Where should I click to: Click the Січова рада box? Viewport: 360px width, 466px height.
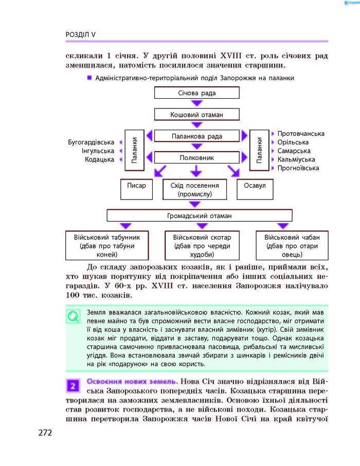coord(196,93)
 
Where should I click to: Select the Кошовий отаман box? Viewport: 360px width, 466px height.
coord(196,114)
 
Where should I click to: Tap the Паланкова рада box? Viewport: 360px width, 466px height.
coord(196,136)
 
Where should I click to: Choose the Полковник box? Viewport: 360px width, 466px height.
coord(196,158)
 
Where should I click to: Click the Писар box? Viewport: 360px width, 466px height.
coord(136,189)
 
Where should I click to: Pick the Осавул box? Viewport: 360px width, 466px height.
coord(255,189)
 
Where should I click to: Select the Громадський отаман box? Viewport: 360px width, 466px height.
coord(199,216)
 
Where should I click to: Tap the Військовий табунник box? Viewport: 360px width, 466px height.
coord(107,245)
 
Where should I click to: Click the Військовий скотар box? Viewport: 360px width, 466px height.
coord(202,245)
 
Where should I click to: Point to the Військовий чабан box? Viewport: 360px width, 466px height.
coord(292,245)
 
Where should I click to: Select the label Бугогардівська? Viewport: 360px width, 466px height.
coord(91,142)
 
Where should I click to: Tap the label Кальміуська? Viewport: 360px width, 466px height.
coord(296,159)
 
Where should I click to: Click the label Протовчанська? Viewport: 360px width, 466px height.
coord(301,134)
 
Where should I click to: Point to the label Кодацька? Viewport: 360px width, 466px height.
coord(100,160)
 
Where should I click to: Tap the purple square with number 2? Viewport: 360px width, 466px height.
coord(74,385)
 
